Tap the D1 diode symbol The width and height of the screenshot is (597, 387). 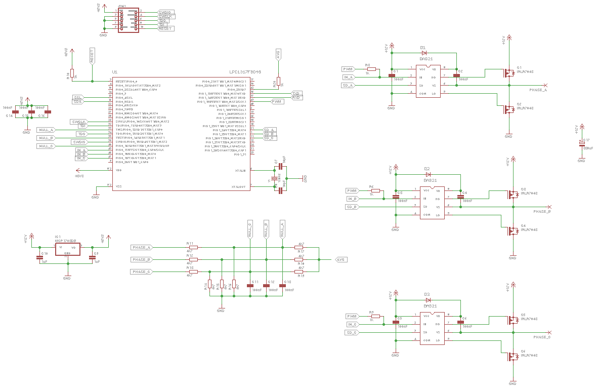424,52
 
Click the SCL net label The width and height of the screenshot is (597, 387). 77,97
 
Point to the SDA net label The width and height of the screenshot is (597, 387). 77,101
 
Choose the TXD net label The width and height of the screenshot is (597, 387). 296,93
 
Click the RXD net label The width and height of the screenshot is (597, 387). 296,97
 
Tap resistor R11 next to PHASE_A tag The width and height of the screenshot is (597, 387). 192,247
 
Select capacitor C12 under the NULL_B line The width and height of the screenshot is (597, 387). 266,286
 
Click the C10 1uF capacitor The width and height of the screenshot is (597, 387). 40,257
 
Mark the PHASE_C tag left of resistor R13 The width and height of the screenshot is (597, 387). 142,272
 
